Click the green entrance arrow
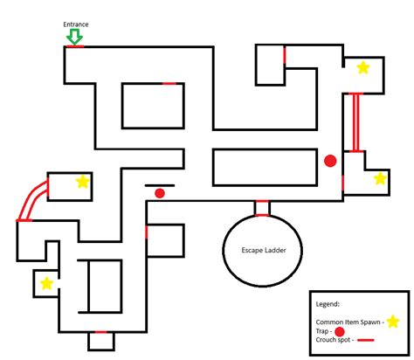point(74,37)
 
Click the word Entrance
point(76,24)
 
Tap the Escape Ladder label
point(264,250)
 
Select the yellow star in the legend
point(393,322)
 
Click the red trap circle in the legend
point(340,331)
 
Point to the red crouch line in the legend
point(366,340)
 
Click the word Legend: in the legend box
point(328,304)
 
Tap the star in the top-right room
point(363,68)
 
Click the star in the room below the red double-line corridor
point(380,178)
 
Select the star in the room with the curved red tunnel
point(83,182)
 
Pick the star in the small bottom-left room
point(46,283)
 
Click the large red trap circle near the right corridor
point(330,161)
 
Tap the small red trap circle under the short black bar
point(160,193)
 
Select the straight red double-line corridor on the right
point(355,122)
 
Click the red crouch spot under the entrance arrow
point(75,46)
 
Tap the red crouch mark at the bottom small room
point(101,332)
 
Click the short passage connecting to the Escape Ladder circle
point(262,208)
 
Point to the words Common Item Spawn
point(348,322)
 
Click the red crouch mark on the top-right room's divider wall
point(285,55)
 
